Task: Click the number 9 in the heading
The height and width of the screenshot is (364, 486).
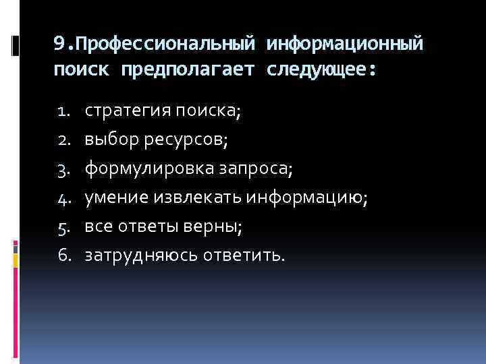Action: [x=59, y=45]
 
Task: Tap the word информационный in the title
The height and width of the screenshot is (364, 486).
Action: [x=346, y=45]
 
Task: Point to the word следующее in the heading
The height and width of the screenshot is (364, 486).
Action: [x=317, y=69]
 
